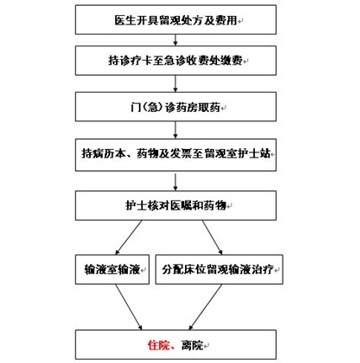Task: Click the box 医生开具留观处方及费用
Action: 176,19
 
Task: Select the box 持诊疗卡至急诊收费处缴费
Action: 176,61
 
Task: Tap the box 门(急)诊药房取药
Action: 176,107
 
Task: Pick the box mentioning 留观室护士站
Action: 176,155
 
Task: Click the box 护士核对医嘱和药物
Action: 176,206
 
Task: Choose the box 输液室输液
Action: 112,270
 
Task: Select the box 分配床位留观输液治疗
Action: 220,270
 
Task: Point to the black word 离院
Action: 193,345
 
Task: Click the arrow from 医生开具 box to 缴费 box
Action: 176,40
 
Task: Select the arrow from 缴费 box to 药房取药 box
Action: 176,83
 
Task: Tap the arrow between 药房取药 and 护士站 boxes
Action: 176,130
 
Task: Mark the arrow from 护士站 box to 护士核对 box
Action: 176,181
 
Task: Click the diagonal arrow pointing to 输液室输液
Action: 129,238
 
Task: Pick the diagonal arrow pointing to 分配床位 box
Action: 212,238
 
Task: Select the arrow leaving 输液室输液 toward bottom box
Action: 129,307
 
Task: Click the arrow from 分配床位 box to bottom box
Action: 205,307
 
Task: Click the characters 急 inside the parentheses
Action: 152,107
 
